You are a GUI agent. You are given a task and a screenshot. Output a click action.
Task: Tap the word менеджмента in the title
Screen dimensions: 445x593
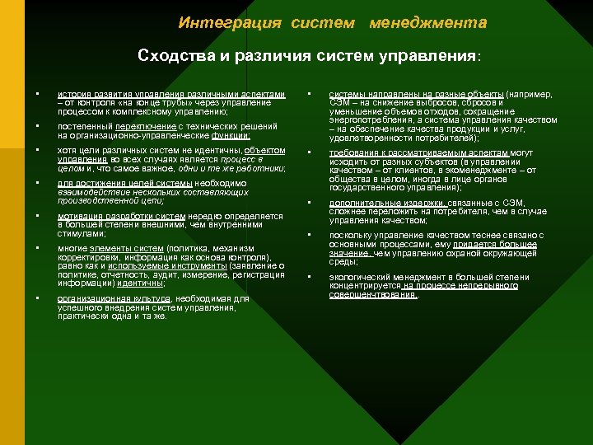pos(428,22)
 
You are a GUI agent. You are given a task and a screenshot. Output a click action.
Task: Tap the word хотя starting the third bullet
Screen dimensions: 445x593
pos(66,151)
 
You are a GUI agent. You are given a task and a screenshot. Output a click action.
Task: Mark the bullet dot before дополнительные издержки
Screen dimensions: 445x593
pos(310,203)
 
